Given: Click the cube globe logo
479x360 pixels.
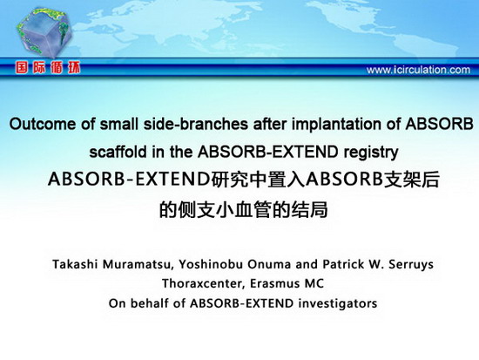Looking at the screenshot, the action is pyautogui.click(x=44, y=33).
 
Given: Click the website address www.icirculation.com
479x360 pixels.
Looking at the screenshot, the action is pyautogui.click(x=418, y=70).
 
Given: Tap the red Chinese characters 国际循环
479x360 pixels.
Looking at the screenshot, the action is pyautogui.click(x=48, y=68).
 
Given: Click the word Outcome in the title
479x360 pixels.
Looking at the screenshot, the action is pyautogui.click(x=43, y=124).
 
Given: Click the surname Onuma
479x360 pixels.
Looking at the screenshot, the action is pyautogui.click(x=269, y=264).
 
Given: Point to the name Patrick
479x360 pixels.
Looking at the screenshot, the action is pyautogui.click(x=343, y=264).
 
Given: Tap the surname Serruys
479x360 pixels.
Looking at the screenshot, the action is pyautogui.click(x=411, y=265).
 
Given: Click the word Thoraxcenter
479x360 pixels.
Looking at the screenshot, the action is pyautogui.click(x=204, y=283).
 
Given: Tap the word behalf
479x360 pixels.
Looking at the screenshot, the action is pyautogui.click(x=150, y=303).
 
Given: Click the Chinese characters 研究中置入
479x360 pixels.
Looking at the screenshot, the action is pyautogui.click(x=257, y=180).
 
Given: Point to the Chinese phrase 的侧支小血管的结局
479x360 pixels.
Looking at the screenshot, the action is pyautogui.click(x=244, y=209).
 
